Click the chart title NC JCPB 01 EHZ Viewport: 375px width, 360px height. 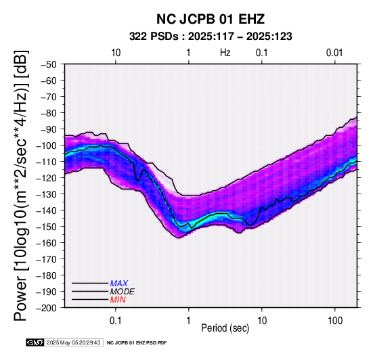(x=211, y=19)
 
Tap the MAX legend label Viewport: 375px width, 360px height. (x=119, y=284)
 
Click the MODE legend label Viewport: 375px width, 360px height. (x=123, y=292)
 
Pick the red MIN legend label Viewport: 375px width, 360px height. (x=118, y=300)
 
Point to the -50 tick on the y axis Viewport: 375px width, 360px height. (x=48, y=64)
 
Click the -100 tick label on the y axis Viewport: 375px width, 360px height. (x=46, y=145)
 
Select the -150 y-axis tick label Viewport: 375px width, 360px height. (x=46, y=227)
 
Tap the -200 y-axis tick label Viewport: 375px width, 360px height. (x=46, y=308)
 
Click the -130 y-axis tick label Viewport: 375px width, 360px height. (x=46, y=194)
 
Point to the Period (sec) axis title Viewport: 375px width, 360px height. (x=225, y=328)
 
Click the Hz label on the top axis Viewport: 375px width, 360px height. (x=225, y=53)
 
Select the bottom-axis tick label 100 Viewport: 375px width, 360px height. (x=335, y=321)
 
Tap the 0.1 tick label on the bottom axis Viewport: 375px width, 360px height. (x=116, y=321)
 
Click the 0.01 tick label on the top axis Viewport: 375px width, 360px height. (x=334, y=53)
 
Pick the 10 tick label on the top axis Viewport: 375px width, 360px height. (x=116, y=53)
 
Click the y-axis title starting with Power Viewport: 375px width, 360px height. (x=20, y=185)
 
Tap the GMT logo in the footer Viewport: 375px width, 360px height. (x=35, y=342)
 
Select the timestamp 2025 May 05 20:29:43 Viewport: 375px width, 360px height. (x=73, y=342)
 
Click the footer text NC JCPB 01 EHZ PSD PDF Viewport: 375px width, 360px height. (x=137, y=343)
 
